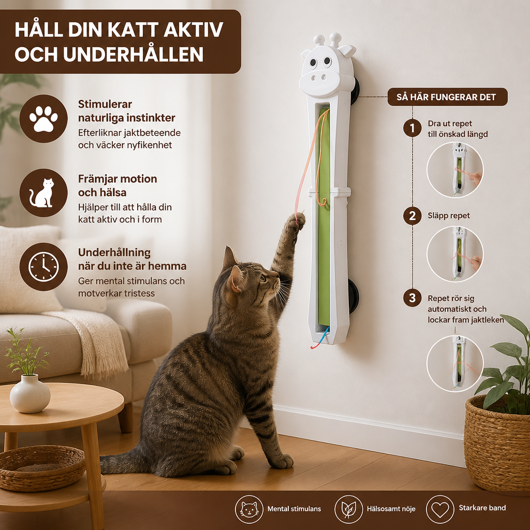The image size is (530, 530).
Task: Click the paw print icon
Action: [43, 119]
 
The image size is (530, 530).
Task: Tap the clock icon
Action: [43, 267]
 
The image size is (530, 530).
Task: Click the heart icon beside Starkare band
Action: [440, 509]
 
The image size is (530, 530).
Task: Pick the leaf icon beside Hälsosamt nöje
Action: [348, 509]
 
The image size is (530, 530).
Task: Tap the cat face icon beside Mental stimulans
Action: [249, 509]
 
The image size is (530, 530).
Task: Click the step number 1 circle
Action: [412, 128]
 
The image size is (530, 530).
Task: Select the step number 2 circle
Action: [412, 216]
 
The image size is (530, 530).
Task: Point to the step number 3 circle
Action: [412, 298]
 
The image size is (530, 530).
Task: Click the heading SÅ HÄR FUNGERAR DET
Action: [446, 97]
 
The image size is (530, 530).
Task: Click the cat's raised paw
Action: [296, 223]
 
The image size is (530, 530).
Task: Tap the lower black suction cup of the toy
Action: [354, 296]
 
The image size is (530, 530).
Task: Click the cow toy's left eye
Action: [313, 63]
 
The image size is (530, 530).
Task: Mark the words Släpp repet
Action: [449, 216]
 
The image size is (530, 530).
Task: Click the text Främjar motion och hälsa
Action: [117, 186]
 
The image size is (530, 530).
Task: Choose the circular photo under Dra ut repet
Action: [455, 170]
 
